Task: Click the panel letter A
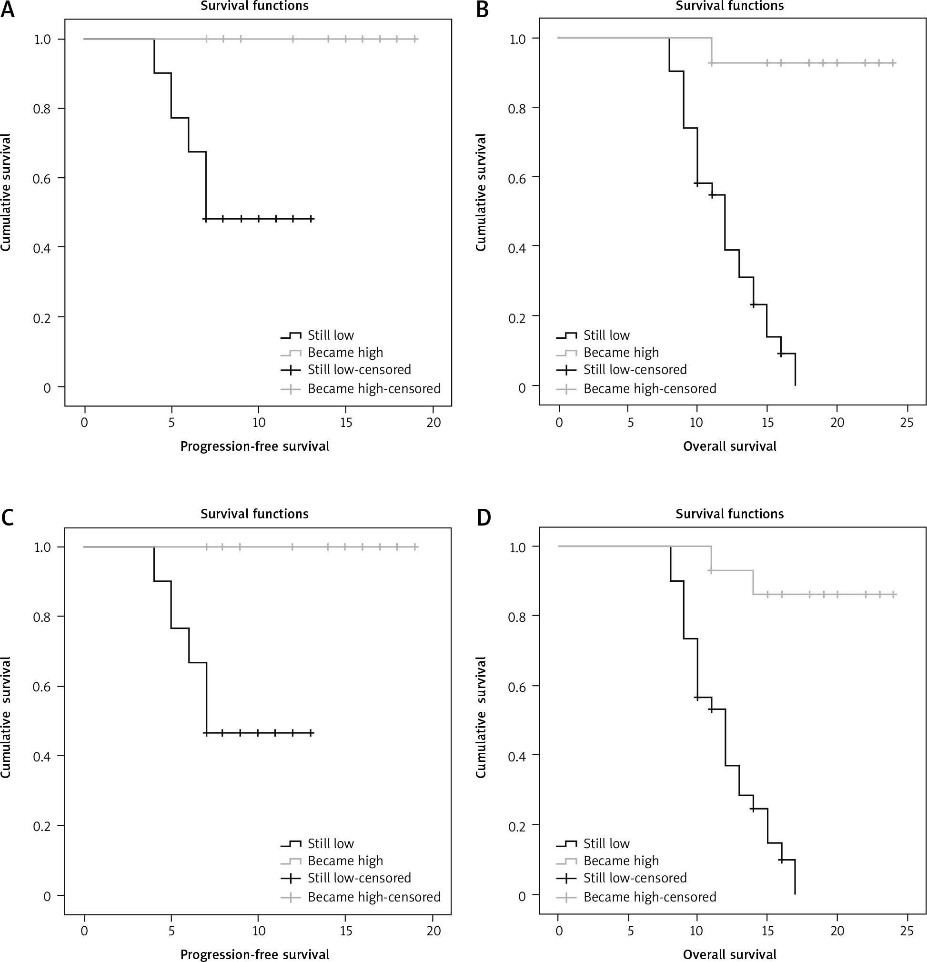coord(7,10)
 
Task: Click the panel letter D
coord(484,518)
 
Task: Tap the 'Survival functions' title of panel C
coord(254,514)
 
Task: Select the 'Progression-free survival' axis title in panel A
coord(255,446)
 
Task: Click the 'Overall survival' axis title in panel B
coord(730,446)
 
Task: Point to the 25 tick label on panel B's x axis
coord(907,422)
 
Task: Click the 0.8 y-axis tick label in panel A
coord(42,109)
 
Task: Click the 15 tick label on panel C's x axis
coord(346,931)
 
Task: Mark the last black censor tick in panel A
coord(311,218)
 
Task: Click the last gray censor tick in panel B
coord(893,63)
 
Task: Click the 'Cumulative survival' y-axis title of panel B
coord(481,192)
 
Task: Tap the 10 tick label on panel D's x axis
coord(696,931)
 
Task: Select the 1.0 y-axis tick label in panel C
coord(42,547)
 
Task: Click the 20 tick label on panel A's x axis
coord(433,422)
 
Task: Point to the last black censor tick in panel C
coord(311,733)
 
